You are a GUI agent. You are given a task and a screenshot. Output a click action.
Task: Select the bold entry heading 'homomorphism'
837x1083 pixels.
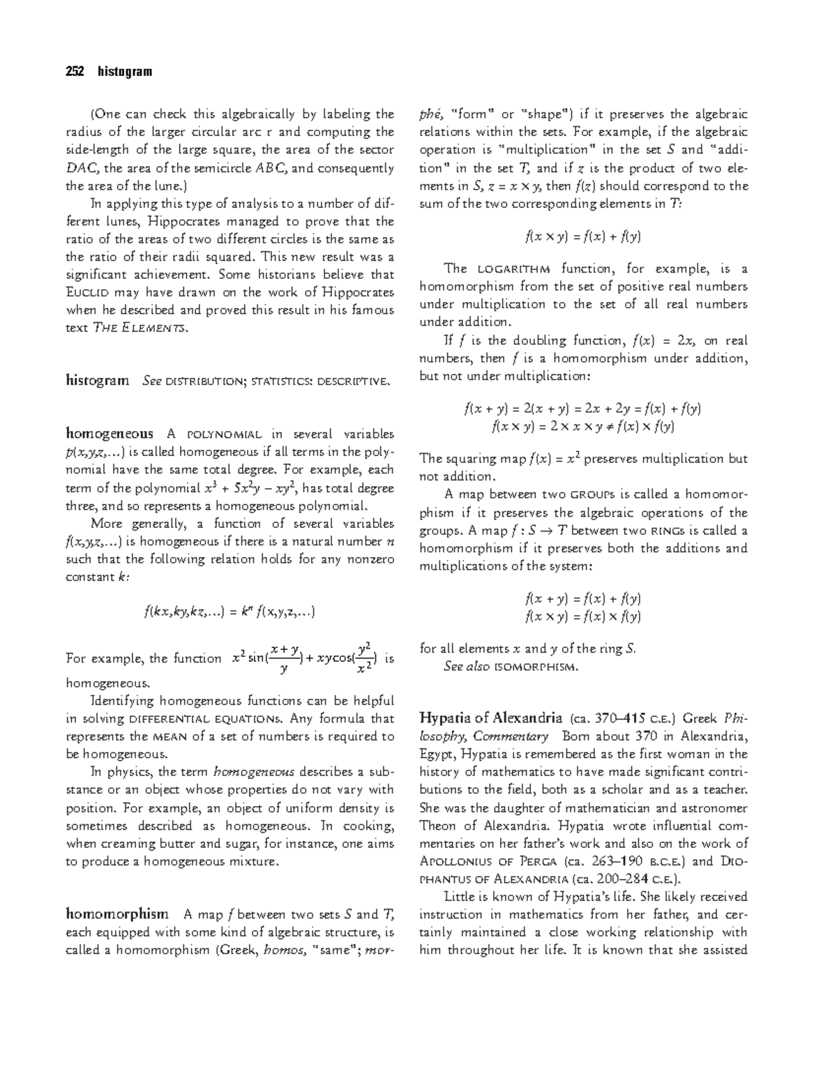pyautogui.click(x=116, y=914)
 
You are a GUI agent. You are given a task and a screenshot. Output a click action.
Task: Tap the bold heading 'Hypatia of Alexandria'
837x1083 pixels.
pyautogui.click(x=490, y=718)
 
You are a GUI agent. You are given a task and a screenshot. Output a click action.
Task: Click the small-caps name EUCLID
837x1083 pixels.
pyautogui.click(x=88, y=293)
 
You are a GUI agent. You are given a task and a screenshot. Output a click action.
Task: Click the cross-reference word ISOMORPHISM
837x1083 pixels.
pyautogui.click(x=536, y=667)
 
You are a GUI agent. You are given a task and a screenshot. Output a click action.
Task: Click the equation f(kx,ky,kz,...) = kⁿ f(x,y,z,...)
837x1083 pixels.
pyautogui.click(x=229, y=613)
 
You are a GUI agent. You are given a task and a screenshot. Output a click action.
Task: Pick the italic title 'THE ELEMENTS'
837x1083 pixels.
pyautogui.click(x=139, y=328)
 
